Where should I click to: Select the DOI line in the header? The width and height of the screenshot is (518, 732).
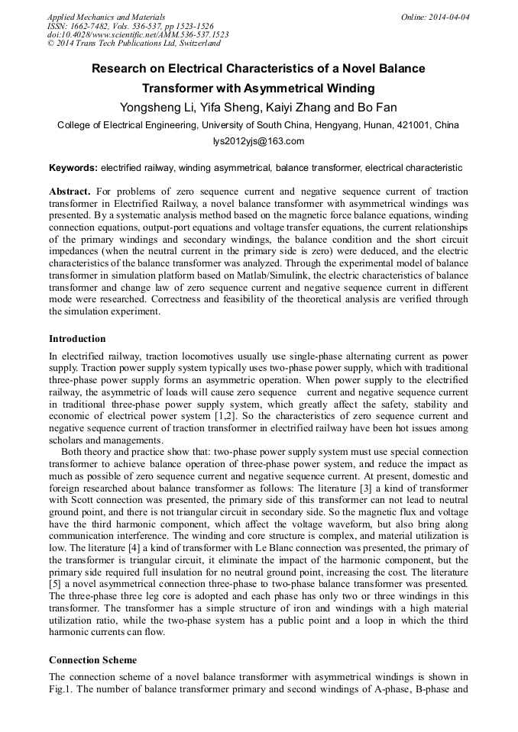pos(138,34)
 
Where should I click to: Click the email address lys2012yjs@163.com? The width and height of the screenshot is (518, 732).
pos(258,141)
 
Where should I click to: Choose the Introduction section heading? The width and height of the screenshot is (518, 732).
pos(77,339)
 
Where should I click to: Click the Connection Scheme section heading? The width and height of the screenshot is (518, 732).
pos(92,659)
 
